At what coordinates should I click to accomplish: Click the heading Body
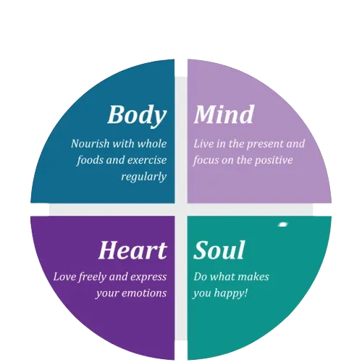pos(137,115)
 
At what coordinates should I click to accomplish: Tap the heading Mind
pos(224,114)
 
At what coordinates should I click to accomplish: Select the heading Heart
pos(132,250)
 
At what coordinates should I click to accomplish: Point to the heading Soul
pos(219,250)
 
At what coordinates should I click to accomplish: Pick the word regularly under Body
pos(144,177)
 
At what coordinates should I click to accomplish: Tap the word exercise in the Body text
pos(147,160)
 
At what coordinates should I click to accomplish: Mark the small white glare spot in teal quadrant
pos(283,224)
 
